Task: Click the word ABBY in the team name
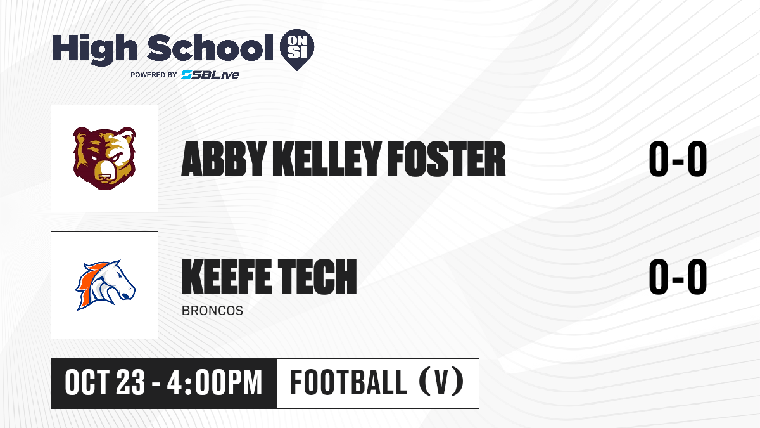(x=224, y=159)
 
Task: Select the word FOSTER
(x=446, y=159)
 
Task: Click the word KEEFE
(x=227, y=276)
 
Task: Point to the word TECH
(x=317, y=276)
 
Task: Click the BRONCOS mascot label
(x=212, y=311)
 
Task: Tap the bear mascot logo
(x=104, y=159)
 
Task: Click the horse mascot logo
(x=105, y=285)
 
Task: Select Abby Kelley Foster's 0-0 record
(x=678, y=159)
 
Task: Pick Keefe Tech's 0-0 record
(x=678, y=276)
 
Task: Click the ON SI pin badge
(x=297, y=49)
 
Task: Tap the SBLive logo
(x=210, y=75)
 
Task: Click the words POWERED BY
(x=154, y=75)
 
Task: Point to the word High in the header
(x=94, y=49)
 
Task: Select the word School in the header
(x=210, y=48)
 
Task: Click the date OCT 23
(x=105, y=383)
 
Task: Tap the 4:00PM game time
(x=215, y=383)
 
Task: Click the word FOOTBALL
(x=348, y=382)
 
